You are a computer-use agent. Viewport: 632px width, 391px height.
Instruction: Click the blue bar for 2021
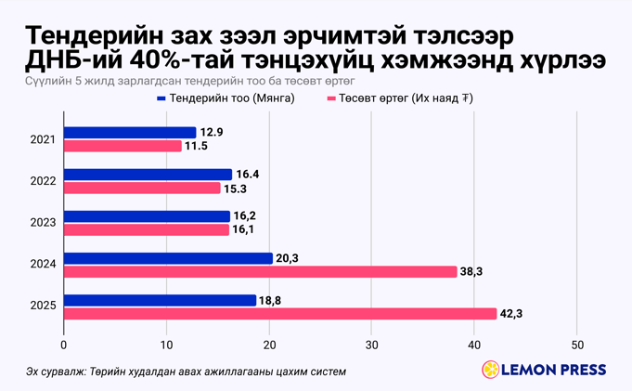pos(130,133)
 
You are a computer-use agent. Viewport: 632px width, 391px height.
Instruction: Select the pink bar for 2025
pos(280,314)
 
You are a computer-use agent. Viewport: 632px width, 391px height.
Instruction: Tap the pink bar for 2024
pos(260,272)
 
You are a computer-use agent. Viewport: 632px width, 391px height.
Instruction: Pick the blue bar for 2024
pos(168,258)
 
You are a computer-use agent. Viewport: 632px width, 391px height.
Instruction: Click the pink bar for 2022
pos(142,189)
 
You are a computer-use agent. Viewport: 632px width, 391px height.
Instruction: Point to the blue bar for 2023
pos(147,216)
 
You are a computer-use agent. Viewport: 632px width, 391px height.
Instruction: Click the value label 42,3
pos(511,314)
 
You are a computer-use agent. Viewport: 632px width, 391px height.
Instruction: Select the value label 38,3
pos(471,272)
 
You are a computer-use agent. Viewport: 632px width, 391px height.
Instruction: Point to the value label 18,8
pos(271,300)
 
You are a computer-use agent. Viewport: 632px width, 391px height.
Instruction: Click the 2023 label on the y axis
pos(43,223)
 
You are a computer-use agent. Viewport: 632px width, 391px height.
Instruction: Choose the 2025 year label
pos(43,306)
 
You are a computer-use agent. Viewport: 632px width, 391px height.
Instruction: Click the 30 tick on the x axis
pos(371,345)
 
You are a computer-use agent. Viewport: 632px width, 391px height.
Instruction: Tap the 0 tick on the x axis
pos(64,345)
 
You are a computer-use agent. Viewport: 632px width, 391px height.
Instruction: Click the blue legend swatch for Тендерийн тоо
pos(162,98)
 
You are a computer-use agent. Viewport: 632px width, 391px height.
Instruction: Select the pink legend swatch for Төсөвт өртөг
pos(331,98)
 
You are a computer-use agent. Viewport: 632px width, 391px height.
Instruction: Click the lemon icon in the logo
pos(489,370)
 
